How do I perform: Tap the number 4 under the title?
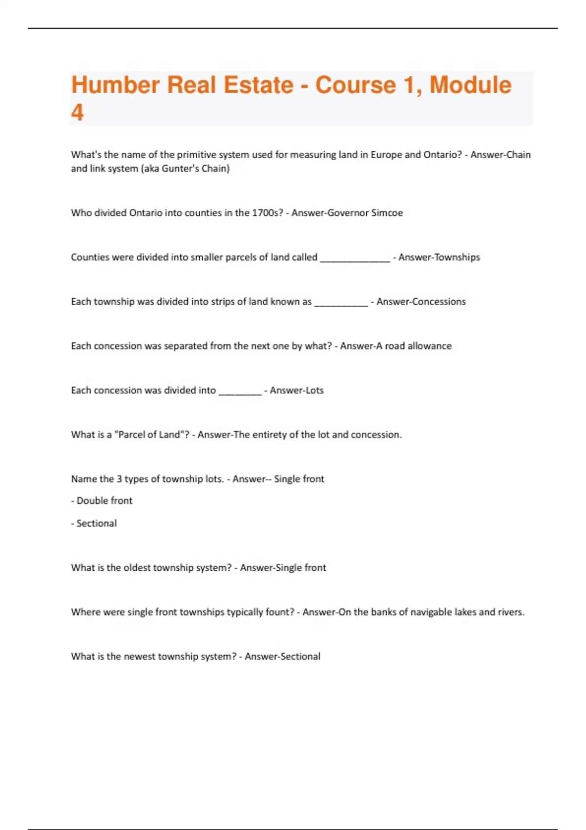(77, 113)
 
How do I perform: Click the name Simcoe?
(387, 213)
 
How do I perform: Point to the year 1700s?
(267, 213)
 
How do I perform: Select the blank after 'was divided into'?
(240, 392)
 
